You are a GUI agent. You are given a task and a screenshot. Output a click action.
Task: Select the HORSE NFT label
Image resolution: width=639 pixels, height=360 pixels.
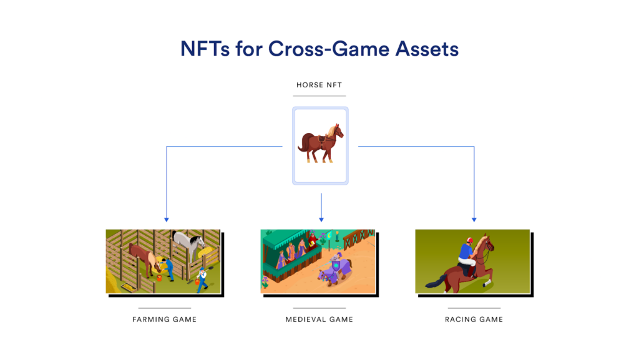319,84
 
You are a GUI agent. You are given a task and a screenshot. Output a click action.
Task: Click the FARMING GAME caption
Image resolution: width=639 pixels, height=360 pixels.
164,319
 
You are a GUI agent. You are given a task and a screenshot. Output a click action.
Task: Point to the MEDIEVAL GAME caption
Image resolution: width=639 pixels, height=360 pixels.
319,319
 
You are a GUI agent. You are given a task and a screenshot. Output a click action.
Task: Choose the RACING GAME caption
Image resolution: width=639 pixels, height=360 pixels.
474,319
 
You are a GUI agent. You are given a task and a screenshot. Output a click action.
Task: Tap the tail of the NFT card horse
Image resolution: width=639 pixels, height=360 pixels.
303,144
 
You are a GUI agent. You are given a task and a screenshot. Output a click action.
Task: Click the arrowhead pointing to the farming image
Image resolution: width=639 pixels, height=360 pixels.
166,219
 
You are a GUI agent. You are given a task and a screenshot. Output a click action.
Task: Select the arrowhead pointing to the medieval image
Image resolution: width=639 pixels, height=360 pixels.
321,219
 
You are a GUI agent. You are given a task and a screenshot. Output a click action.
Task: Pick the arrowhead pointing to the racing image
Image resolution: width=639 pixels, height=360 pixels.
474,219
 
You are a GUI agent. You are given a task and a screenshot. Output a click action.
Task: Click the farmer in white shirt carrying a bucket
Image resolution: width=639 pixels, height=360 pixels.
202,276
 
